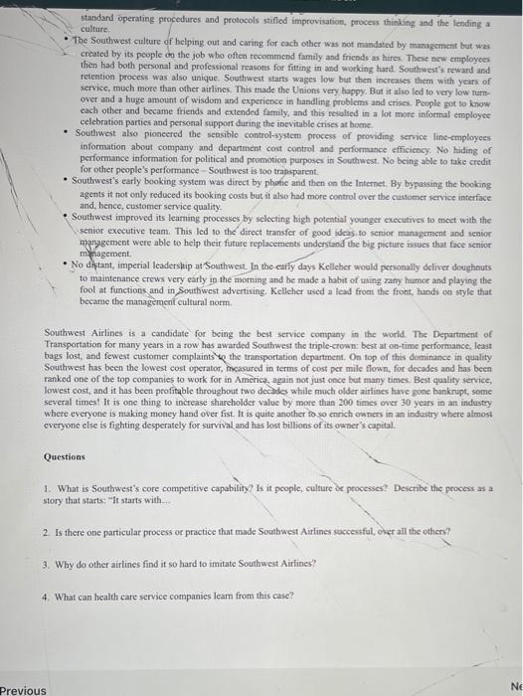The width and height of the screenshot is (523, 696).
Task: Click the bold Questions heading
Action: [x=65, y=456]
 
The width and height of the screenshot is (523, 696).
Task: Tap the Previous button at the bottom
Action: [x=22, y=689]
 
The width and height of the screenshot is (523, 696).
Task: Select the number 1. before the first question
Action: [x=47, y=489]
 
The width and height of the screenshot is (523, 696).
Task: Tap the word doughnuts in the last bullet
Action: [x=468, y=267]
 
